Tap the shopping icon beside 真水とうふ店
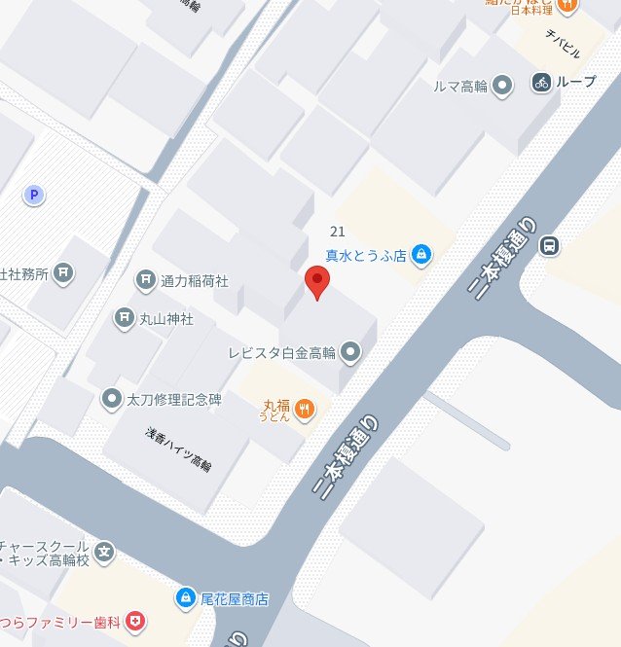point(420,256)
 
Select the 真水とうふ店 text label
point(365,255)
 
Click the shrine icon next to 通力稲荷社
point(146,281)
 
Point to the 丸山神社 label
point(167,317)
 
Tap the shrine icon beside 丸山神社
point(125,317)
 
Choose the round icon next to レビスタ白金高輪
point(351,351)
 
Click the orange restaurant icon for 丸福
point(305,409)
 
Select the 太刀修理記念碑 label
point(175,399)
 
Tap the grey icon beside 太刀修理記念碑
point(111,398)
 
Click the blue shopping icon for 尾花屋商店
point(184,597)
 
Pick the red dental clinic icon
point(136,620)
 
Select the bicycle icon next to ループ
point(542,83)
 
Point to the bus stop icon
point(550,245)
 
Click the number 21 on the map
point(338,231)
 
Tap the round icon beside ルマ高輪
point(502,86)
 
